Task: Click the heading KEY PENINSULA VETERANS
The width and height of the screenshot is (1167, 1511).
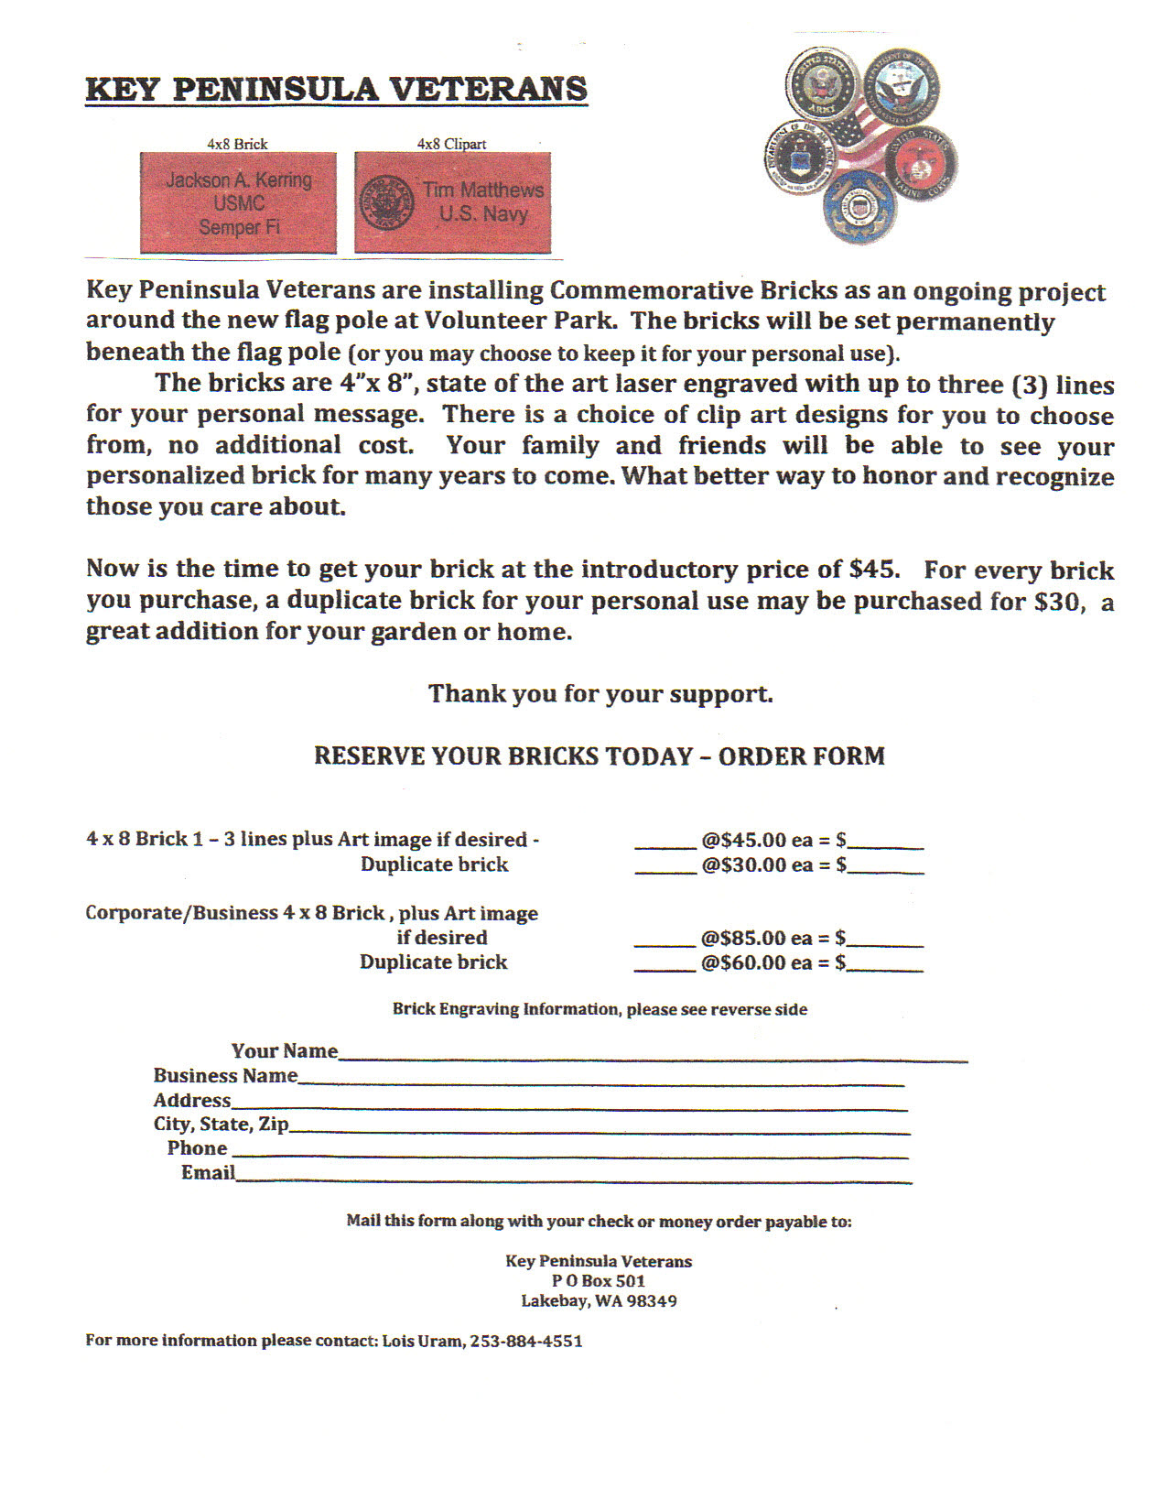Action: (x=336, y=90)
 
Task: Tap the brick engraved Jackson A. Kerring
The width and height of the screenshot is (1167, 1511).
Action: (x=238, y=203)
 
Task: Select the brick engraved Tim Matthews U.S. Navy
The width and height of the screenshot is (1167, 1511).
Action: (x=453, y=202)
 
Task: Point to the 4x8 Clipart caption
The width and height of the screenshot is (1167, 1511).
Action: (x=451, y=144)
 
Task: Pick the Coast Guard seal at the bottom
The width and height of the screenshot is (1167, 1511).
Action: (x=858, y=207)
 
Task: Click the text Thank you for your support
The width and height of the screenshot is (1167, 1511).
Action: (x=600, y=693)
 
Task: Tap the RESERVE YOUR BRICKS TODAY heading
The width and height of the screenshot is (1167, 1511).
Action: (x=599, y=756)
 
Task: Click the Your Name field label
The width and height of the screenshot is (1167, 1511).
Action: (x=284, y=1050)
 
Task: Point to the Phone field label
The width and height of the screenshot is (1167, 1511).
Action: (x=197, y=1148)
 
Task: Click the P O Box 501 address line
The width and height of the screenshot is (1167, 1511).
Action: (x=599, y=1281)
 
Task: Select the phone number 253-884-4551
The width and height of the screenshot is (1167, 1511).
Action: (x=526, y=1341)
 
